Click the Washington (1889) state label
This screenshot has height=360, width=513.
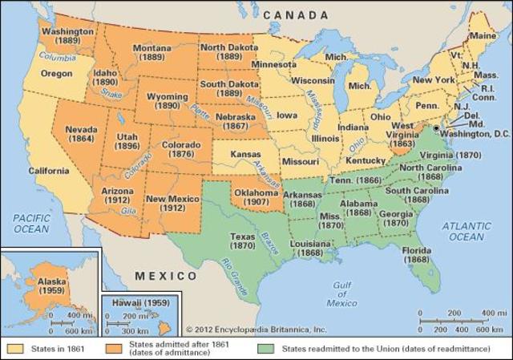pos(68,37)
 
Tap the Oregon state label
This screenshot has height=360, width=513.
pos(56,73)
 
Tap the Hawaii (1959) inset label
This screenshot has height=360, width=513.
pos(139,302)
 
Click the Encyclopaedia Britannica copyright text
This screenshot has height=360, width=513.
pos(256,329)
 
